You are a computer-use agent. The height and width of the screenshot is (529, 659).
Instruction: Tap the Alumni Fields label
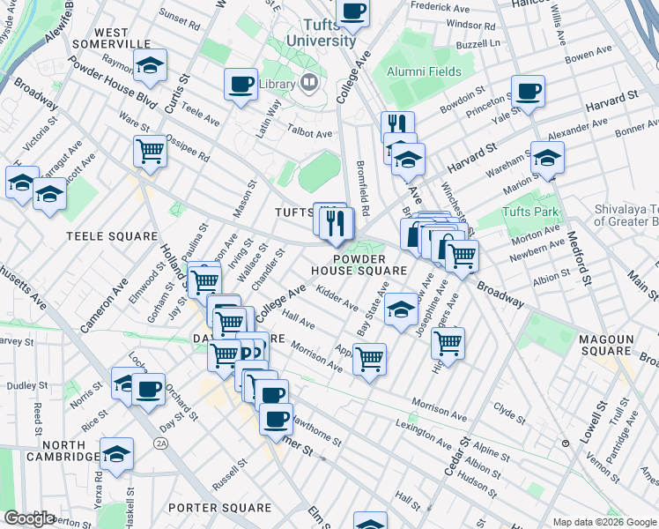click(x=426, y=71)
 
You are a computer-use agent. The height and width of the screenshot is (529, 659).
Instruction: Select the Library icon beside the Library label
click(x=309, y=85)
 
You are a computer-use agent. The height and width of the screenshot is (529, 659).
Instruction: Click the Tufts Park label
click(x=530, y=212)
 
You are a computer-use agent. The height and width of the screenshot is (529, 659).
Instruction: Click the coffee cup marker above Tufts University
click(x=352, y=11)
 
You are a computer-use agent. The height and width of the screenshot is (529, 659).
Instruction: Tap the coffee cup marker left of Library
click(x=241, y=86)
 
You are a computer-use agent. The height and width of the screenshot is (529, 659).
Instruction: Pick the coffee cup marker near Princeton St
click(x=528, y=92)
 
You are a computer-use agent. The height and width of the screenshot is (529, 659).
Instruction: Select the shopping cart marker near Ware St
click(x=151, y=152)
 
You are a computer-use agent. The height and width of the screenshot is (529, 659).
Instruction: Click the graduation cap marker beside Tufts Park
click(x=547, y=159)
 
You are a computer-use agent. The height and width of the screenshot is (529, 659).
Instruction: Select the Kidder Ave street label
click(x=337, y=299)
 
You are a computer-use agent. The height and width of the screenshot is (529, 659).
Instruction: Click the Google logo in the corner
click(x=29, y=518)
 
